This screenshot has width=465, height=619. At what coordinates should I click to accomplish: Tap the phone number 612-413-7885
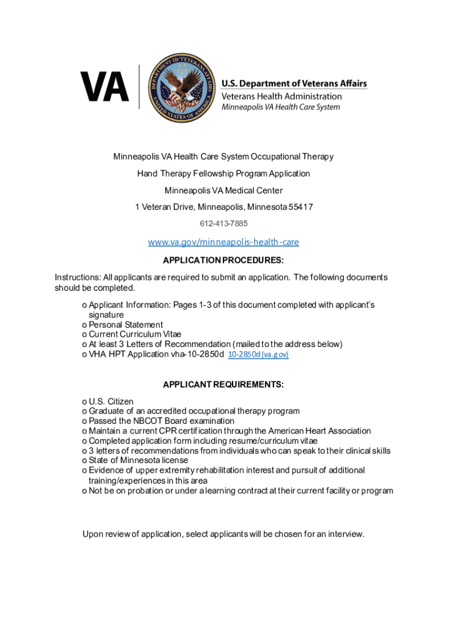click(x=223, y=224)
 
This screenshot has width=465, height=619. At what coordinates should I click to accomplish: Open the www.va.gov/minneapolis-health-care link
click(x=223, y=242)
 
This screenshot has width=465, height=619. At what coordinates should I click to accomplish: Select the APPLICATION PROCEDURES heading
click(x=223, y=261)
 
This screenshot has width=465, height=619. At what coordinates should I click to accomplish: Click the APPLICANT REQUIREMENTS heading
click(x=223, y=384)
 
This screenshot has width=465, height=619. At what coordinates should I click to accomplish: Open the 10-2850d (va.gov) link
click(x=258, y=355)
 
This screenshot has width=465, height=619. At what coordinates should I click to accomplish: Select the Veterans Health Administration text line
click(x=281, y=96)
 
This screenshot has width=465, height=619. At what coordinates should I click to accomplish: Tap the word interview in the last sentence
click(x=346, y=534)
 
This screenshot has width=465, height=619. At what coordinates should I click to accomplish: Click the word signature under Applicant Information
click(x=106, y=315)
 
